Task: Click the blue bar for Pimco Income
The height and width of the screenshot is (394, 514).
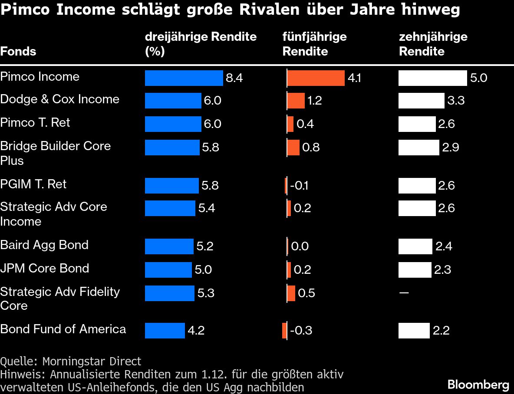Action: pos(184,78)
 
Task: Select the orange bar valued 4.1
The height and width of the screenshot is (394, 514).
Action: pos(316,78)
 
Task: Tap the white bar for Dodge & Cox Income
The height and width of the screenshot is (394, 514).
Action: pos(422,101)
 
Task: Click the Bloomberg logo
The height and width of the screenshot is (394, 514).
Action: pos(478,384)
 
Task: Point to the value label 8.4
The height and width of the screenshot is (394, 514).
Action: pos(234,78)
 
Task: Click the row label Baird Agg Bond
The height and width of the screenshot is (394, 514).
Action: pos(44,245)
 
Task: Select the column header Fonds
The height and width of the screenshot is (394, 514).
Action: pos(18,51)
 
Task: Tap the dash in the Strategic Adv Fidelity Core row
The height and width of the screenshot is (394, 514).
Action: pos(404,293)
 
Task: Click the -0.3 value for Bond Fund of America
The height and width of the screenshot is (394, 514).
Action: pos(301,331)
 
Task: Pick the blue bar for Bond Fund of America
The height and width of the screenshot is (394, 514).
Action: pos(165,331)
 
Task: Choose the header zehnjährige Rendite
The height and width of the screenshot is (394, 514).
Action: pos(433,44)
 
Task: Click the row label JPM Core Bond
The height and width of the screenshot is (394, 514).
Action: pos(45,268)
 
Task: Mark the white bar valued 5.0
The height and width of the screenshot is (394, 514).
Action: pos(433,78)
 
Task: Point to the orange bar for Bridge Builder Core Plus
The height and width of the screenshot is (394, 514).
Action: pos(293,148)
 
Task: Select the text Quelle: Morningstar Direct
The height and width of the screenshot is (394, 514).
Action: pos(71,361)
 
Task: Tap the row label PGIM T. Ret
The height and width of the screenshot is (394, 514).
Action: pos(33,184)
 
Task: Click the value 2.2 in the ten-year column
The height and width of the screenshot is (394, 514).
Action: pos(441,331)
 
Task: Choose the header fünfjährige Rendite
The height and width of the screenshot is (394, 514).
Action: pos(314,44)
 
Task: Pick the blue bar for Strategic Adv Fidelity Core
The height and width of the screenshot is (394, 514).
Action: pos(170,293)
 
